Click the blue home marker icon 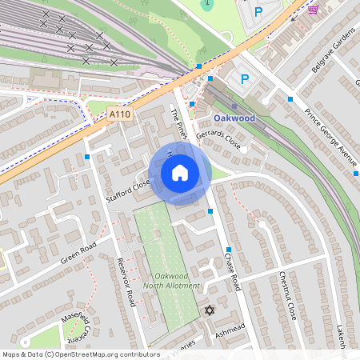(x=180, y=173)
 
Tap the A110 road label (x=119, y=115)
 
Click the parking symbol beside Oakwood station (x=245, y=80)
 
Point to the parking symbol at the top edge (x=258, y=12)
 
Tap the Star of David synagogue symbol (x=210, y=310)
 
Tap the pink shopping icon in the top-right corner (x=312, y=10)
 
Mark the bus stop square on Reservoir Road (x=86, y=157)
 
